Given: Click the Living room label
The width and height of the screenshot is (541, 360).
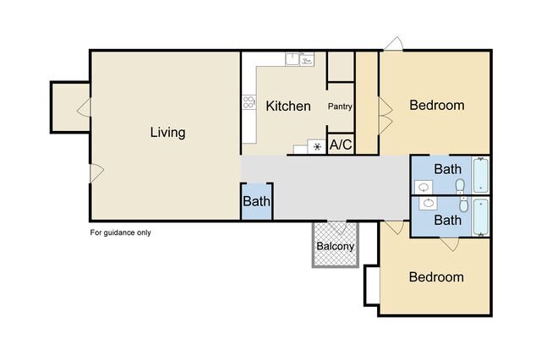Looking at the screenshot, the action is (167, 133).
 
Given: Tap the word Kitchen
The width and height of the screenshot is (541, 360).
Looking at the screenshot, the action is (288, 106).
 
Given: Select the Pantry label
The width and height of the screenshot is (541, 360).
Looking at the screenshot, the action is (340, 106).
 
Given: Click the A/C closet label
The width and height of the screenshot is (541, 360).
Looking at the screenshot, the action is (341, 145).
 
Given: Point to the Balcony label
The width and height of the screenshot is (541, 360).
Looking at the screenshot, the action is (335, 246).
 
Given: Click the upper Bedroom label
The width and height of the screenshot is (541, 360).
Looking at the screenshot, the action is (437, 105).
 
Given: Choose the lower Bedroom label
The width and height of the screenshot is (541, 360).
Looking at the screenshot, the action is (436, 277).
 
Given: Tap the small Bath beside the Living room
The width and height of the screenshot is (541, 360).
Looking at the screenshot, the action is (256, 201).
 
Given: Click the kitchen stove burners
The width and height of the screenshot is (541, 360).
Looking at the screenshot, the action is (249, 102).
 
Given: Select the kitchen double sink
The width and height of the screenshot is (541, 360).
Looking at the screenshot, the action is (299, 59).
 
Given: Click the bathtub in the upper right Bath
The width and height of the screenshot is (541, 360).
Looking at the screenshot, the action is (481, 175).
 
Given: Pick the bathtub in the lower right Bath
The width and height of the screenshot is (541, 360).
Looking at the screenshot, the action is (481, 217).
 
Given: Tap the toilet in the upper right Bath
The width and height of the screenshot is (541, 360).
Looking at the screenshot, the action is (460, 187).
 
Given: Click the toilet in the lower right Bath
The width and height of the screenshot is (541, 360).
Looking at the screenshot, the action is (464, 205).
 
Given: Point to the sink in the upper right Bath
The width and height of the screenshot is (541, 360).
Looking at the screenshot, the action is (424, 188).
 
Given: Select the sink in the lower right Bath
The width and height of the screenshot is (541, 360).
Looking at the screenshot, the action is (429, 203).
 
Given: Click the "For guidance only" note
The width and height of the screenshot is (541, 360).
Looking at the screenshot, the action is (120, 232).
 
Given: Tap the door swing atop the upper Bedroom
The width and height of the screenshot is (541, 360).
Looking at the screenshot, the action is (394, 43).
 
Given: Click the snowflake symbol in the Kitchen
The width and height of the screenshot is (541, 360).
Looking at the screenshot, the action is (317, 147).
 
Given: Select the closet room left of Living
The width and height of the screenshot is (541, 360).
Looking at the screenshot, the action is (70, 107).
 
